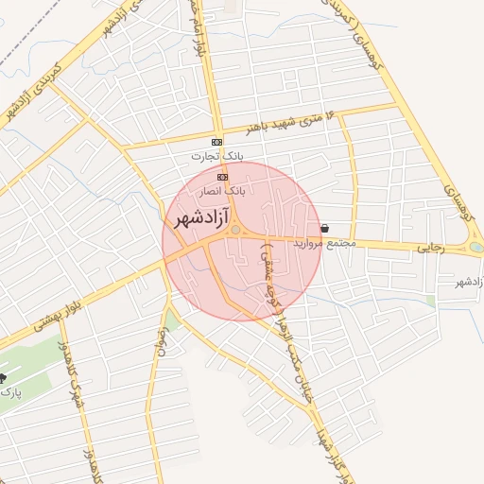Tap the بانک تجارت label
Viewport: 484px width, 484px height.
click(216, 155)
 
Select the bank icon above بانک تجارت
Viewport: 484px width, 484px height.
click(217, 142)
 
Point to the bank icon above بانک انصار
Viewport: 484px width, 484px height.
click(223, 177)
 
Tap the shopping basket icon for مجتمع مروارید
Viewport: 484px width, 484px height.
click(325, 228)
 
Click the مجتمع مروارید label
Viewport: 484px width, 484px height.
click(324, 243)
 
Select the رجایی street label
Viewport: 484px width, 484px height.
click(430, 247)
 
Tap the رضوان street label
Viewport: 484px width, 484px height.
click(164, 339)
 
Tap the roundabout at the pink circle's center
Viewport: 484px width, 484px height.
click(234, 230)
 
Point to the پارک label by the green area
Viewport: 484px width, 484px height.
click(7, 390)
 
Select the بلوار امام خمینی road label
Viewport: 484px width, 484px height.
click(200, 28)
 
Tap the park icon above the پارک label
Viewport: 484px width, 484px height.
click(4, 377)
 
